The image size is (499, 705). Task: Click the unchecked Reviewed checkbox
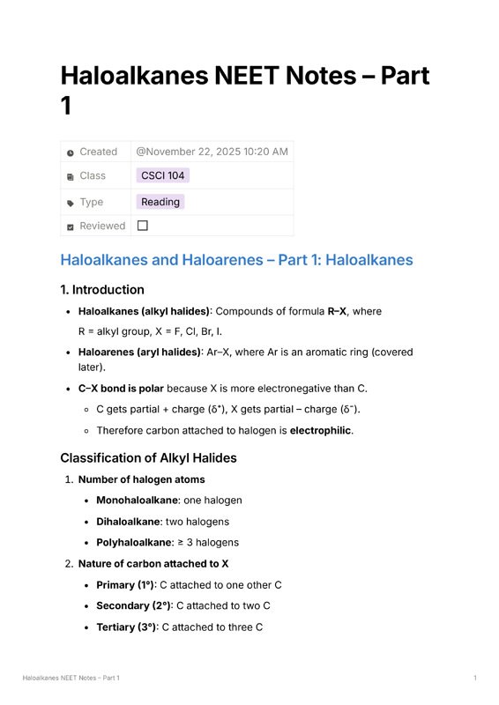(x=143, y=226)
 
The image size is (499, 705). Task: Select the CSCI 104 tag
(x=162, y=175)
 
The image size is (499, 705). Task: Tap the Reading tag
(x=160, y=202)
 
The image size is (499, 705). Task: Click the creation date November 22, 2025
(x=212, y=152)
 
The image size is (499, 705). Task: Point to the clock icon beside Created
(x=71, y=152)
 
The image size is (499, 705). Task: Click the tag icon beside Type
(x=71, y=203)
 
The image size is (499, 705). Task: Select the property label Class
(x=92, y=175)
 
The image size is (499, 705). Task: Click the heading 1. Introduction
(x=102, y=289)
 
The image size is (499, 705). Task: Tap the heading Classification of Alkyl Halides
(x=148, y=457)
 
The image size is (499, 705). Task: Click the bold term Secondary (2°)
(x=134, y=605)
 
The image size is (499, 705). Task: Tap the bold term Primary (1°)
(x=125, y=584)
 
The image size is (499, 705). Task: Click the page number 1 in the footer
(x=475, y=678)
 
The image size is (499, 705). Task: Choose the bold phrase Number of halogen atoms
(x=141, y=479)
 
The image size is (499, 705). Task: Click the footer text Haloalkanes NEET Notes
(x=71, y=678)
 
